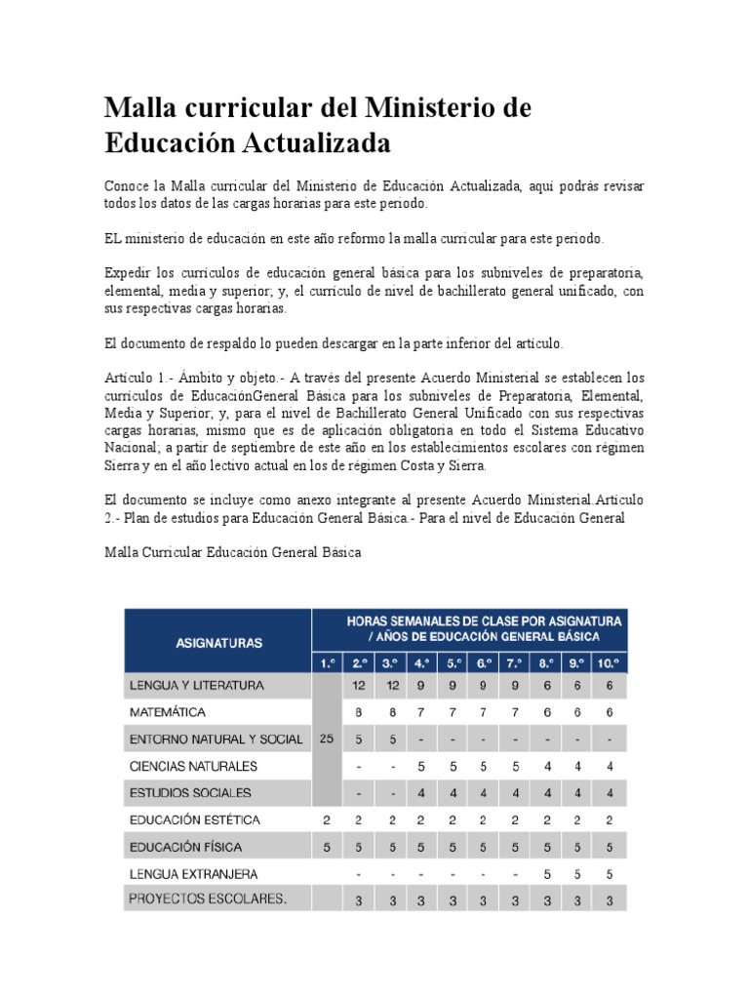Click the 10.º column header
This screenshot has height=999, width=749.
click(610, 664)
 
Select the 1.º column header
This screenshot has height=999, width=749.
click(326, 664)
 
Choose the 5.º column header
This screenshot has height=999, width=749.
click(453, 664)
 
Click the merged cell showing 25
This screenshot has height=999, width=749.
click(326, 739)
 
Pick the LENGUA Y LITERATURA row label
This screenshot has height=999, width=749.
click(198, 686)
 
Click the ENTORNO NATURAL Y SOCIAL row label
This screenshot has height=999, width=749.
click(217, 739)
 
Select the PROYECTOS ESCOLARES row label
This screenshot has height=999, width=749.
click(210, 899)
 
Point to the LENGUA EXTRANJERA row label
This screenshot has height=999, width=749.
click(195, 873)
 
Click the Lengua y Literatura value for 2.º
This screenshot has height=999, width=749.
click(358, 686)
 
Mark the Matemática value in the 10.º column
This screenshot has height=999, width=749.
click(610, 712)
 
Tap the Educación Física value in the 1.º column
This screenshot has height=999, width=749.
click(326, 847)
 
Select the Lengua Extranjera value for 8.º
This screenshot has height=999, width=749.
click(546, 873)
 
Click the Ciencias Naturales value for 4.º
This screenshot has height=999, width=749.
click(421, 766)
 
